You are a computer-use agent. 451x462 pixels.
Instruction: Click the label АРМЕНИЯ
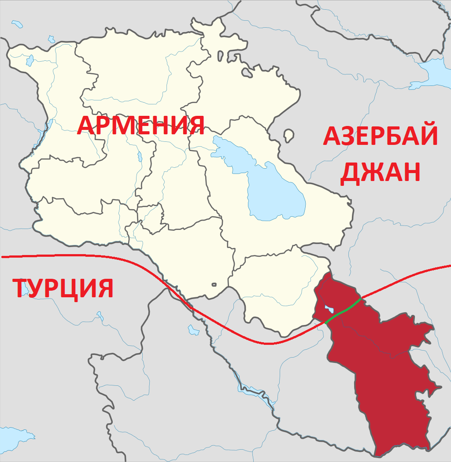pos(141,126)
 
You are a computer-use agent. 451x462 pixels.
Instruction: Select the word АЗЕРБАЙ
pos(381,136)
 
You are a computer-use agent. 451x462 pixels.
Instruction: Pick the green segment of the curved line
pos(344,310)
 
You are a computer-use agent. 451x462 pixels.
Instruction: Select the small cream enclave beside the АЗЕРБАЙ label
pos(289,135)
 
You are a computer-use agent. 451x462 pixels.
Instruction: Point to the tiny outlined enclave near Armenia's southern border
pos(214,285)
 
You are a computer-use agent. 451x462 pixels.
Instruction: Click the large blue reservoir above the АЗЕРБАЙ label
pos(434,70)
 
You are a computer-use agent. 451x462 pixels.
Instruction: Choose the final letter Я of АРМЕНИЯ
pos(196,126)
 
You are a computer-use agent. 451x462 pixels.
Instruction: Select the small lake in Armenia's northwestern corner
pos(30,60)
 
